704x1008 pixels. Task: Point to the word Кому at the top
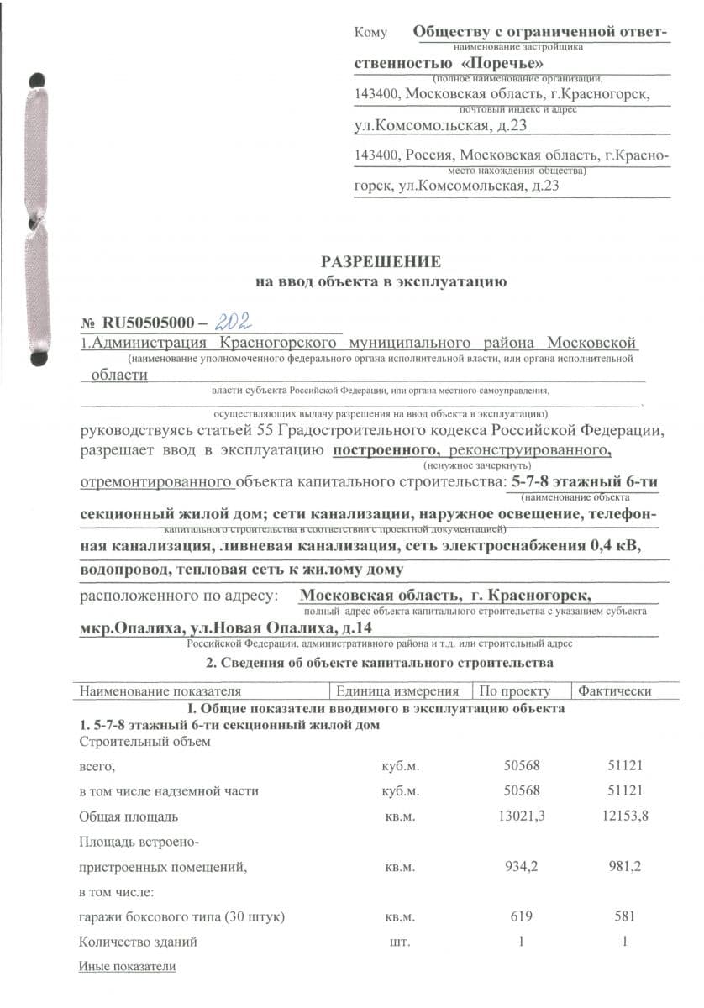click(370, 33)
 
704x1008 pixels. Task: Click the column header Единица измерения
click(397, 691)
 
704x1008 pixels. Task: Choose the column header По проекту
click(514, 691)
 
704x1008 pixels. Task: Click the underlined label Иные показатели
click(128, 966)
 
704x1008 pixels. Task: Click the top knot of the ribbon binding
click(35, 81)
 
